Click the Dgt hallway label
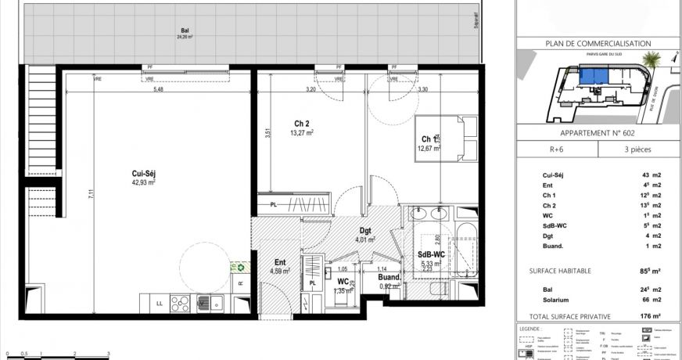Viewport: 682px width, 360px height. point(364,231)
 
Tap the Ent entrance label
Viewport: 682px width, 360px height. point(280,263)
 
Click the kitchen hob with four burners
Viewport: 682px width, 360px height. point(178,301)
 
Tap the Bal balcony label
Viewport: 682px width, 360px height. point(183,32)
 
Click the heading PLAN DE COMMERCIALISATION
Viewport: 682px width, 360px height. point(598,44)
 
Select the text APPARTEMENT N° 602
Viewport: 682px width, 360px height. point(598,132)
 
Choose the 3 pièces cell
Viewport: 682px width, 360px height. point(634,149)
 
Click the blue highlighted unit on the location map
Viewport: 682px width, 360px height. point(595,76)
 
